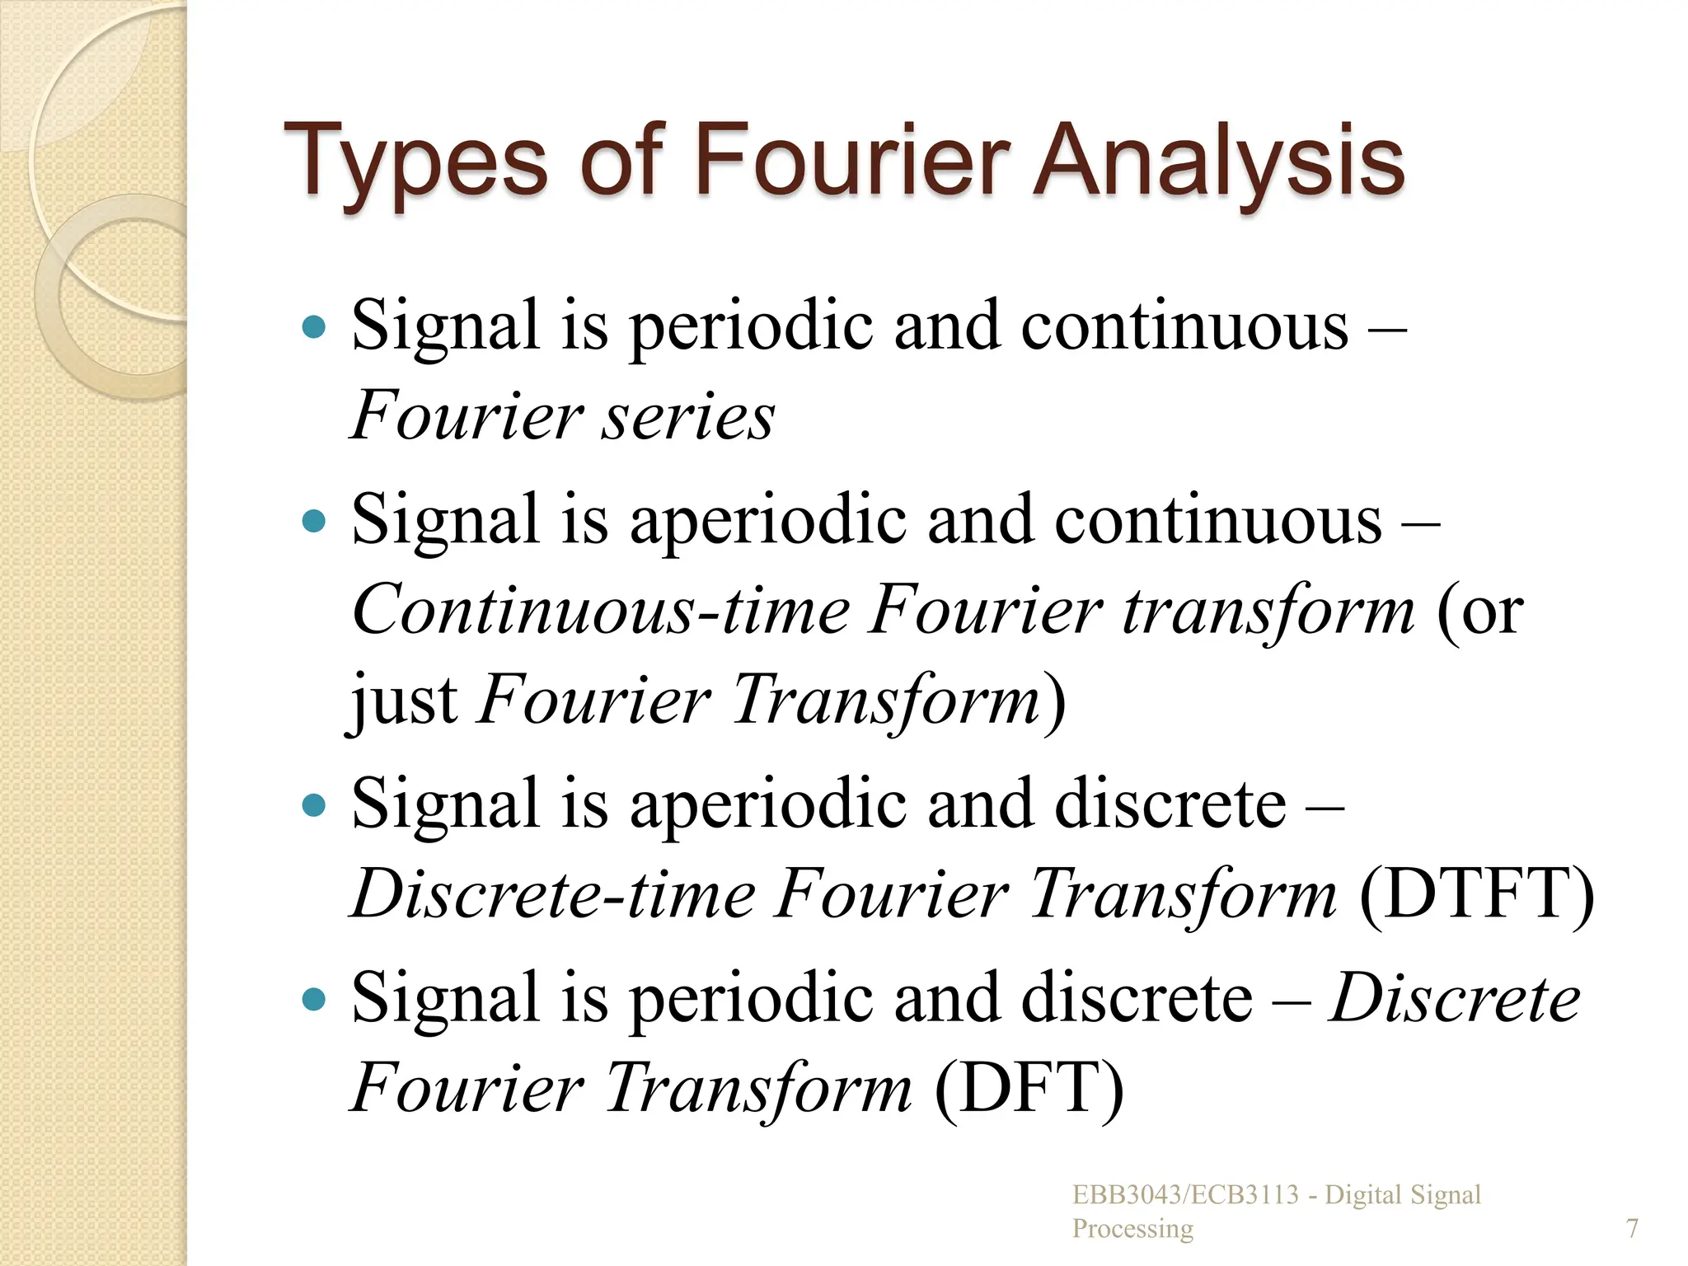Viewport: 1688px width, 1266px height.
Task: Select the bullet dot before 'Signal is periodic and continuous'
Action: pos(314,327)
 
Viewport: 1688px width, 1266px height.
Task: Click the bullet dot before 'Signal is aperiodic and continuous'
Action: pos(314,521)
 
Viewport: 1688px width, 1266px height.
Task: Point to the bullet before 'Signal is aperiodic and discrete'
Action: pos(314,804)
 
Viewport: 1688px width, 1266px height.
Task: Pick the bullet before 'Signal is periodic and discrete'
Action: pos(314,999)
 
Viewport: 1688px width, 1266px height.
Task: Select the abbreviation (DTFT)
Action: pos(1475,894)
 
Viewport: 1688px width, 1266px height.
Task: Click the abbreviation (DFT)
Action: pos(1029,1089)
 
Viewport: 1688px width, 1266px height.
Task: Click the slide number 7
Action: pos(1632,1228)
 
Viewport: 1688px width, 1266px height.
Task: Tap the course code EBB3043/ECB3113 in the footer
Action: pos(1185,1195)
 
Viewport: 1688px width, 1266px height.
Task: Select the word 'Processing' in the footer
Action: pos(1132,1229)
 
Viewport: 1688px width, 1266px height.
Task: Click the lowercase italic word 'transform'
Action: pos(1269,611)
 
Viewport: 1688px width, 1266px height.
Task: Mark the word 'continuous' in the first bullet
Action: pos(1185,327)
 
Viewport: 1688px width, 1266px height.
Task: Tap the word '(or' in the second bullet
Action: pos(1479,611)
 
